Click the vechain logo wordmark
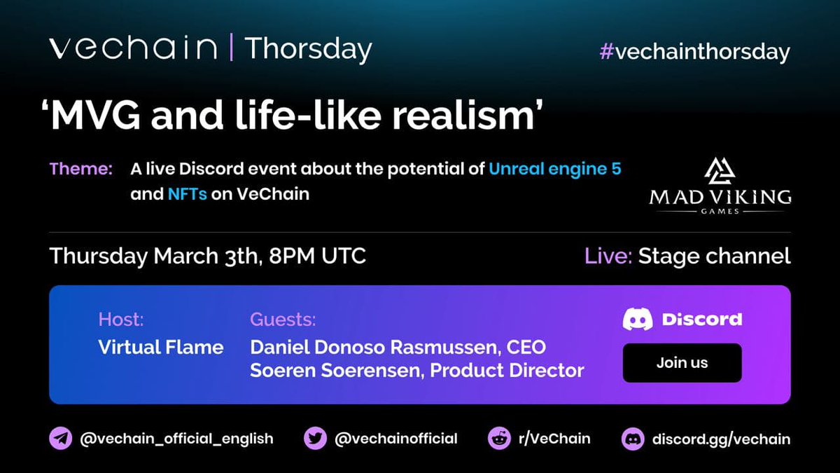point(133,48)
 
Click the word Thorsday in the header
point(308,49)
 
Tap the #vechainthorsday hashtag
point(694,52)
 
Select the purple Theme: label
point(80,169)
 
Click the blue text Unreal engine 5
point(554,169)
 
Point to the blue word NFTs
point(187,194)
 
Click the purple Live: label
point(608,256)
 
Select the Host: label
point(121,320)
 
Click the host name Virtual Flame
point(161,346)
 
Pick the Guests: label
point(283,320)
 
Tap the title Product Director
point(507,371)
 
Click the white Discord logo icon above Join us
point(638,320)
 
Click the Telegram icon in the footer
point(61,439)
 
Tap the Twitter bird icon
point(316,439)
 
